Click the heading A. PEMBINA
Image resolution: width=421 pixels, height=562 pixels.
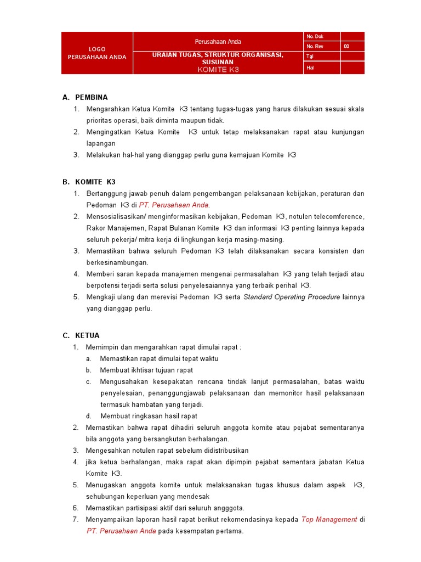(84, 97)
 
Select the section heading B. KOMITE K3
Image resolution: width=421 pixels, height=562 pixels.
(89, 182)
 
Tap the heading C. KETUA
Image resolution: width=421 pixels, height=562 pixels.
(81, 335)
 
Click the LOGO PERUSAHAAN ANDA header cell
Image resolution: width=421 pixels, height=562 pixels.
(96, 53)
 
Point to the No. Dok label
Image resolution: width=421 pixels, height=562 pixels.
(315, 37)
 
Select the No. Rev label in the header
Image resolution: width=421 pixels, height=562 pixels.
(315, 47)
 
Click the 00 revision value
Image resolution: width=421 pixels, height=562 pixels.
(346, 47)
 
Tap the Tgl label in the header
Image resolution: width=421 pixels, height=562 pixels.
(310, 57)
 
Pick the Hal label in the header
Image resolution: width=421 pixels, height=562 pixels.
(310, 68)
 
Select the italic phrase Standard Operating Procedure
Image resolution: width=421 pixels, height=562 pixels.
(292, 297)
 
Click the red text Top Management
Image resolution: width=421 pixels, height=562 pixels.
(329, 519)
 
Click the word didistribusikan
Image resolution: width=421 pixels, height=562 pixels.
(220, 450)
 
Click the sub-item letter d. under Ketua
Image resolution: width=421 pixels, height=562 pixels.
(89, 416)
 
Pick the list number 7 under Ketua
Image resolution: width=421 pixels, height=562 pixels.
(76, 519)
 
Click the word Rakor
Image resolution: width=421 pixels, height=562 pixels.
(95, 228)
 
